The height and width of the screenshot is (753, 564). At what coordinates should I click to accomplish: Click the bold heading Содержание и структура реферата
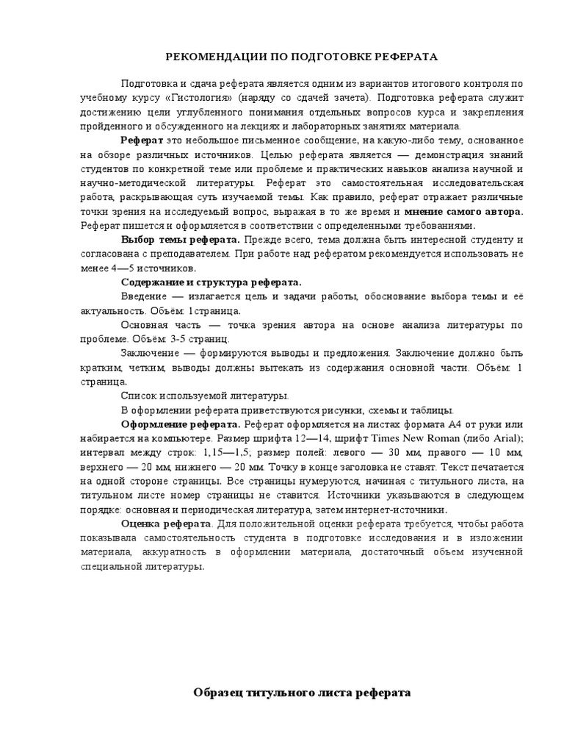211,282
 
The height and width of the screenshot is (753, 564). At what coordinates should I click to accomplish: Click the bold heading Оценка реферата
166,524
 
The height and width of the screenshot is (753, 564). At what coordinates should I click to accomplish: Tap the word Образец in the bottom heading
222,693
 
